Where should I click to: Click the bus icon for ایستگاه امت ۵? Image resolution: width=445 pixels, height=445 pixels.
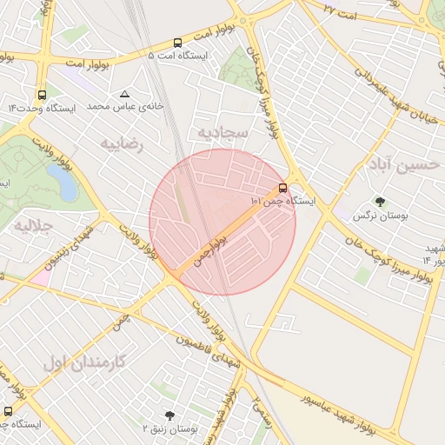coord(178,42)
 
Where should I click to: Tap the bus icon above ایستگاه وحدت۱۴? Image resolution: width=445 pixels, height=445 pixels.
coord(42,96)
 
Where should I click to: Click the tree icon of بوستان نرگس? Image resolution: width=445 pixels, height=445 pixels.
coord(380,202)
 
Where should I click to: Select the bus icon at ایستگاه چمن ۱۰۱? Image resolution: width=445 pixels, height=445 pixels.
coord(283,188)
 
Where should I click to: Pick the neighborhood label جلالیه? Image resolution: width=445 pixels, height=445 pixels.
coord(33,226)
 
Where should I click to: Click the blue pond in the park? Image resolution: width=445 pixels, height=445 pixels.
coord(61,182)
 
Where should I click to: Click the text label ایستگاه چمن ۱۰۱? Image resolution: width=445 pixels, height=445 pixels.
coord(282,201)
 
